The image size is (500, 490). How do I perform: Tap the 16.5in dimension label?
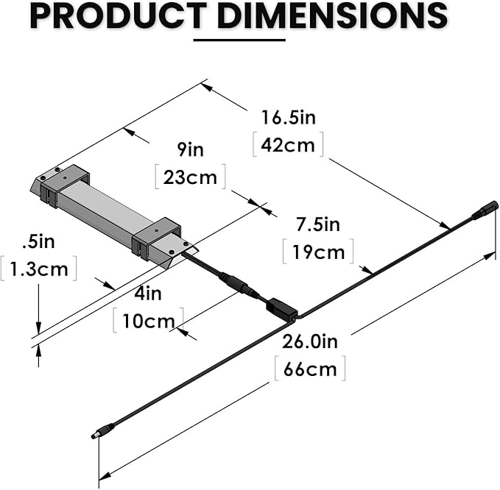(x=288, y=118)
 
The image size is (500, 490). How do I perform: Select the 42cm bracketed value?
(x=288, y=145)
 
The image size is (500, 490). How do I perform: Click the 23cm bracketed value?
(x=191, y=177)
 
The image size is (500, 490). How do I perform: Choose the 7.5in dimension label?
(x=318, y=224)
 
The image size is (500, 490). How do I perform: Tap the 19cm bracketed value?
(x=318, y=252)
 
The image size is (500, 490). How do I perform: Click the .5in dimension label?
(x=38, y=241)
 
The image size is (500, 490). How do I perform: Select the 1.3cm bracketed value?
(x=38, y=269)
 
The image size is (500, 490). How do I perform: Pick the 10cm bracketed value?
(x=148, y=321)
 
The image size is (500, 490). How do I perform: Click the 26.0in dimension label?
(x=309, y=341)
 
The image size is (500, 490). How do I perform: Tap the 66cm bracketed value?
(x=310, y=368)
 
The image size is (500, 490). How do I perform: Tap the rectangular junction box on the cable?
(x=280, y=308)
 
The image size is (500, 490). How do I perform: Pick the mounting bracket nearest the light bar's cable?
(x=158, y=238)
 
